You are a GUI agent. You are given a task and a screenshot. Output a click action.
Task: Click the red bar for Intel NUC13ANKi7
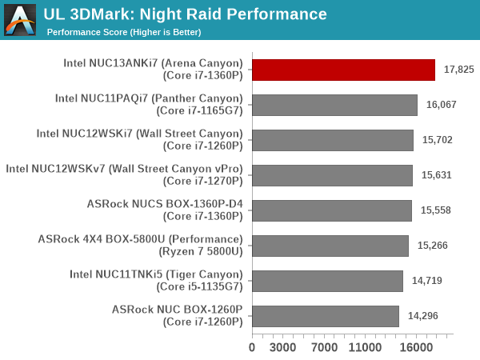click(x=344, y=70)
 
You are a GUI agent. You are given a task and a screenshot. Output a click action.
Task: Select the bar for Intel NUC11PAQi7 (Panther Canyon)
click(x=334, y=105)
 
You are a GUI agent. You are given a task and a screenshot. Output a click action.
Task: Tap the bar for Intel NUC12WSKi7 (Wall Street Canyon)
click(x=333, y=140)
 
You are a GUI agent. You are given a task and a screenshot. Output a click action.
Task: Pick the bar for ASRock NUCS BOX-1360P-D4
click(x=332, y=210)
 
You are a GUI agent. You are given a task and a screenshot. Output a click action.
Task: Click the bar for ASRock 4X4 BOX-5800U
click(x=330, y=246)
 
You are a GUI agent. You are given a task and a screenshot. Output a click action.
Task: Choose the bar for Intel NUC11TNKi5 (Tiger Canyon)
click(x=327, y=281)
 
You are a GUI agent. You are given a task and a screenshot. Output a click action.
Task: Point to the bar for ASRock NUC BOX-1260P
click(x=326, y=316)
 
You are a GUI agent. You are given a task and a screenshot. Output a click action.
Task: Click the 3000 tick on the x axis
click(x=283, y=347)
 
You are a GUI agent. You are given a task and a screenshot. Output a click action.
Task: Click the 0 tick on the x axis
click(x=253, y=347)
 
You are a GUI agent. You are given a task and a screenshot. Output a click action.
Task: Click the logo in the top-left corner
click(x=20, y=20)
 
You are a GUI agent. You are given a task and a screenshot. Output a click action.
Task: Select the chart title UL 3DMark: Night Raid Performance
click(x=186, y=14)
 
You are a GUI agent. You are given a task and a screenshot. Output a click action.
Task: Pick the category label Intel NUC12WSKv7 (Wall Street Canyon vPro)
click(x=124, y=169)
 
